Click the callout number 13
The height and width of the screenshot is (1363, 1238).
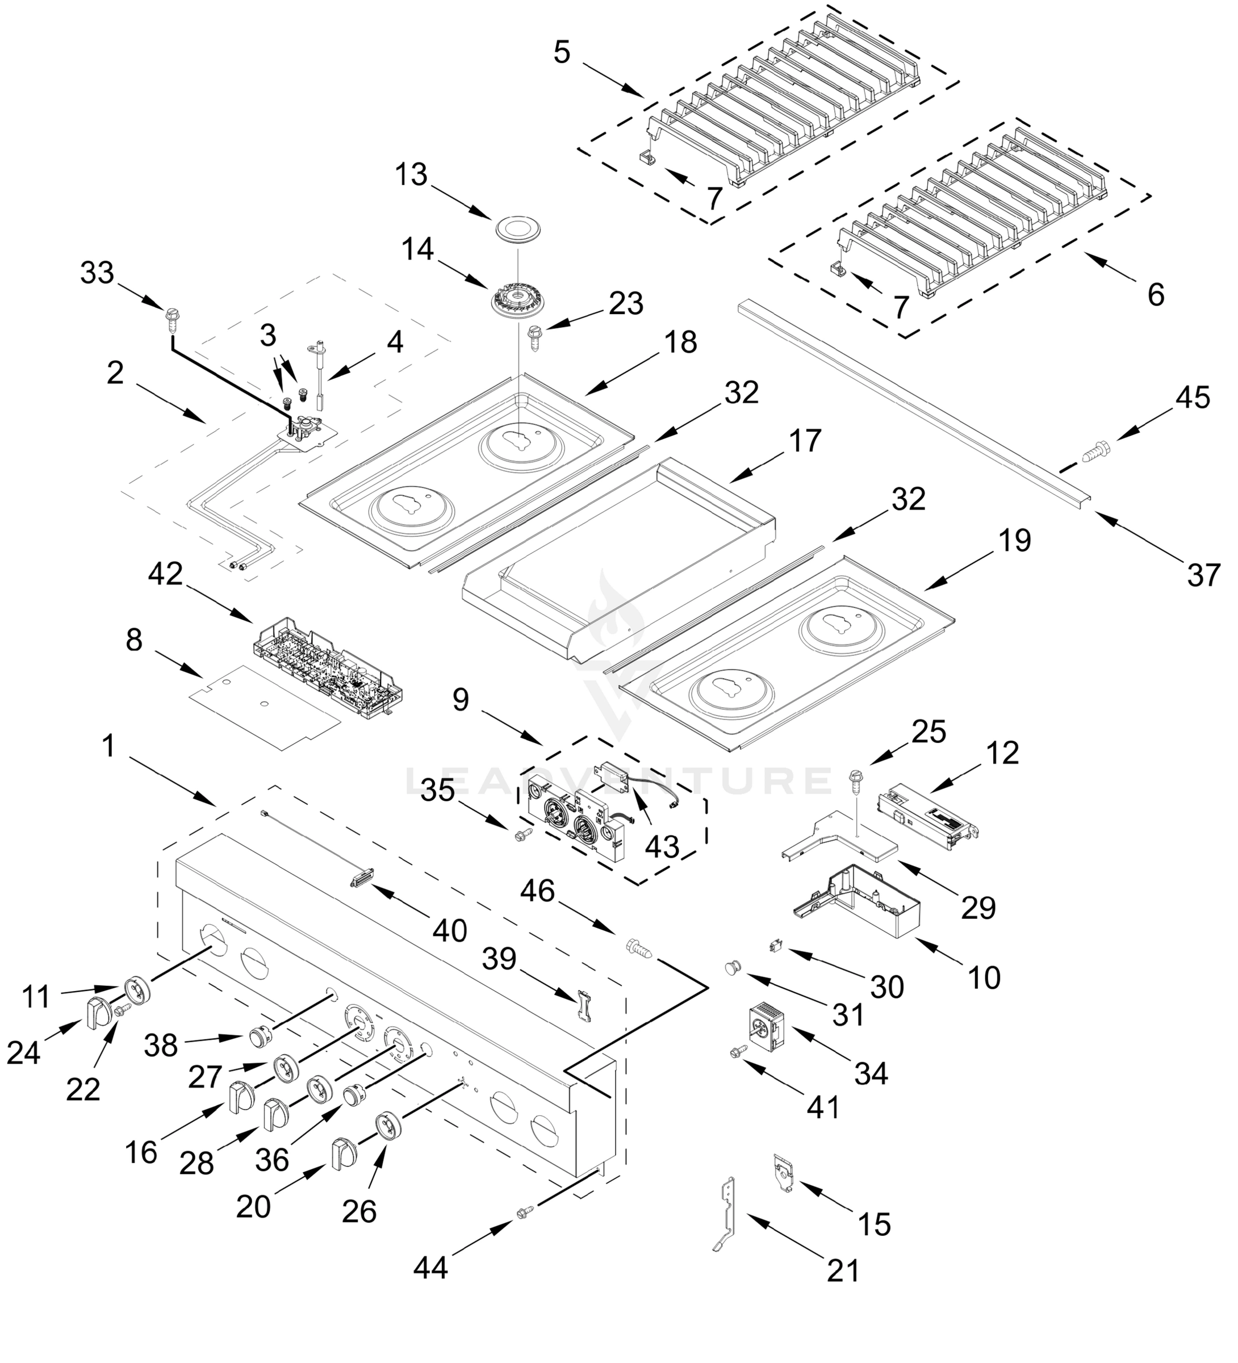click(x=411, y=175)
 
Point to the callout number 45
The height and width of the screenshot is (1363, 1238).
click(x=1193, y=398)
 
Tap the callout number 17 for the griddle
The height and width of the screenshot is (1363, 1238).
click(x=805, y=441)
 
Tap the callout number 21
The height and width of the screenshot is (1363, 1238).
click(x=843, y=1272)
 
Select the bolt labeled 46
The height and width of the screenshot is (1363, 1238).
click(x=641, y=948)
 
